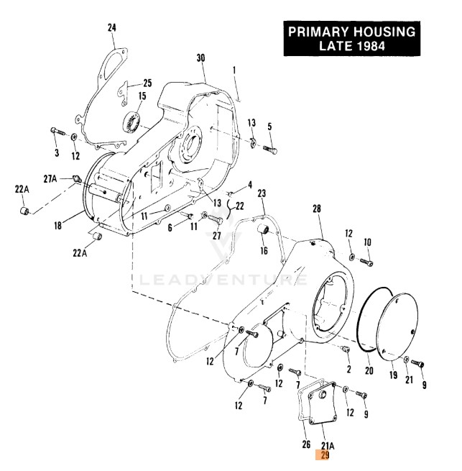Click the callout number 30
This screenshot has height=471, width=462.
click(200, 58)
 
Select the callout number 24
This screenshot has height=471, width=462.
click(111, 27)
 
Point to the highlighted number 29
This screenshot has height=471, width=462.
click(324, 455)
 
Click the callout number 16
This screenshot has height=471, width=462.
click(263, 251)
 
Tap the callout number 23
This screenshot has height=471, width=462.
click(262, 194)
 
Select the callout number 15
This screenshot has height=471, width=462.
click(142, 96)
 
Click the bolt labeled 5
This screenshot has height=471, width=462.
click(270, 150)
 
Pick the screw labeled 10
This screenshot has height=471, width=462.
click(366, 263)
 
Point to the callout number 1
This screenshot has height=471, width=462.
click(234, 70)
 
